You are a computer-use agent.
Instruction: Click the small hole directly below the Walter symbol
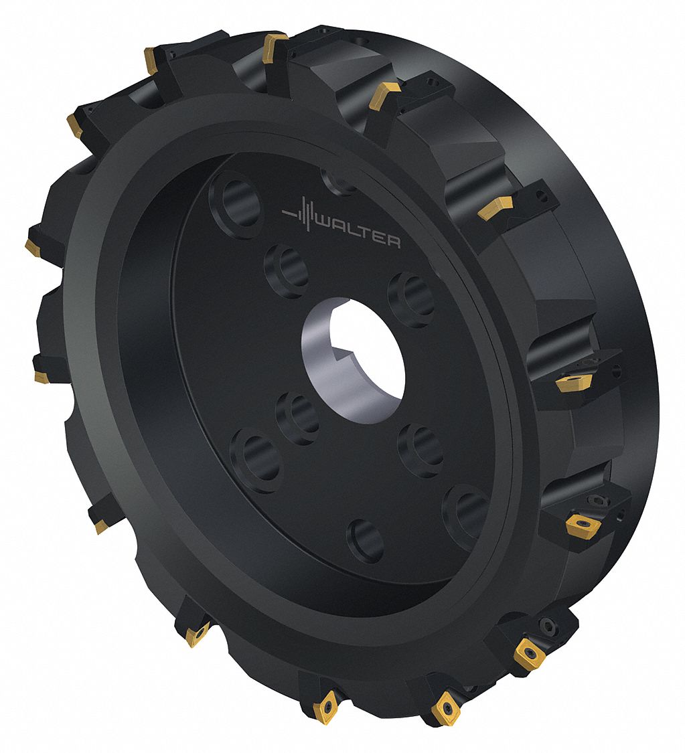coord(287,269)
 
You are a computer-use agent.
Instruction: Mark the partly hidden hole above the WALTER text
coord(339,180)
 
